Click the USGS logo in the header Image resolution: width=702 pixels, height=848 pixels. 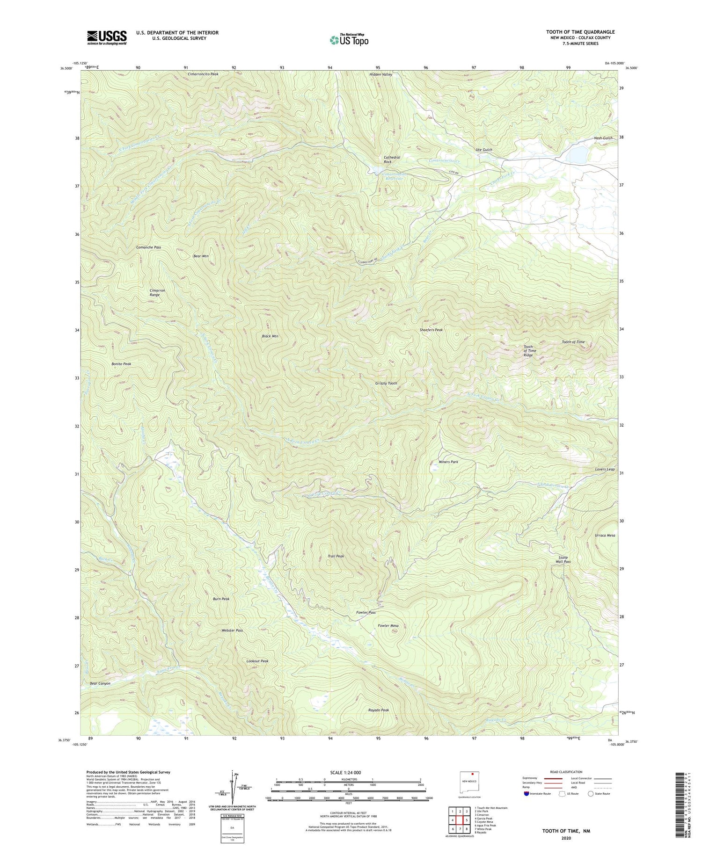point(106,37)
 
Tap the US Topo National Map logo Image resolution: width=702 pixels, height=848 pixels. point(349,40)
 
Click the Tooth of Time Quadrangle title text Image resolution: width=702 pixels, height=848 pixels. point(580,32)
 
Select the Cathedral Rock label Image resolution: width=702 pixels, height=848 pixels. point(392,159)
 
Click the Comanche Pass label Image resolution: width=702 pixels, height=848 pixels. point(149,247)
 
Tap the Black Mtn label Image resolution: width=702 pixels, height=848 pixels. point(270,336)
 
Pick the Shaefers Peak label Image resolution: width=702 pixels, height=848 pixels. point(431,330)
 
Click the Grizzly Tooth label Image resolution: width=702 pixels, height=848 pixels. point(386,383)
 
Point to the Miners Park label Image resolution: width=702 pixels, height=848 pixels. point(448,462)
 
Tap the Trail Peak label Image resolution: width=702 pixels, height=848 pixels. point(336,556)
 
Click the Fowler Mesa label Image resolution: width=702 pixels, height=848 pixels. point(388,625)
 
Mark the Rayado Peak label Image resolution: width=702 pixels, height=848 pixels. point(379,710)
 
